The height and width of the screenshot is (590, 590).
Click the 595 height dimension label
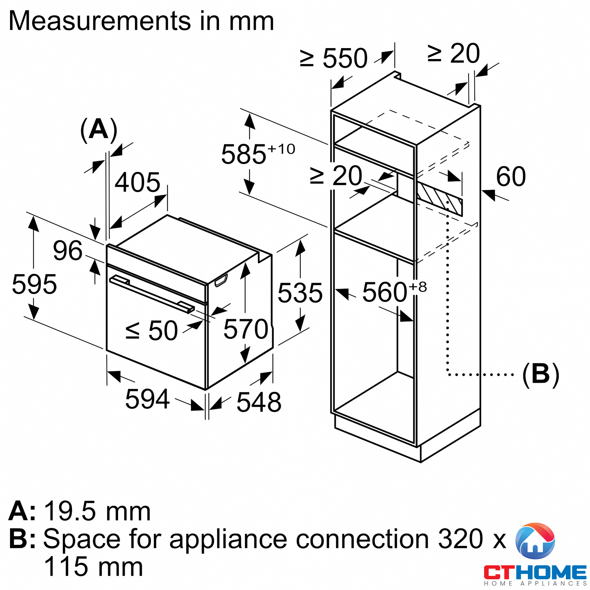(x=34, y=285)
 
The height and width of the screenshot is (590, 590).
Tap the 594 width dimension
(x=147, y=399)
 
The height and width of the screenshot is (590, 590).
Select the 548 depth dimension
(x=259, y=402)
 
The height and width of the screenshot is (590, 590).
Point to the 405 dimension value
(x=137, y=182)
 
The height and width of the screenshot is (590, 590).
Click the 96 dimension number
(x=68, y=251)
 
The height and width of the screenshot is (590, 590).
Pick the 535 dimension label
(x=300, y=293)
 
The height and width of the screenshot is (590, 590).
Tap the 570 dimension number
(x=246, y=329)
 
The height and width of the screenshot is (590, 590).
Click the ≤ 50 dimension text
(x=151, y=331)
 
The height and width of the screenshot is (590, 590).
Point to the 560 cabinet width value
(x=385, y=292)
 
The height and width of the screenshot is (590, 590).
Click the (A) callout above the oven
(x=98, y=130)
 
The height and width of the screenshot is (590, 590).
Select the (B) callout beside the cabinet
(x=540, y=375)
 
